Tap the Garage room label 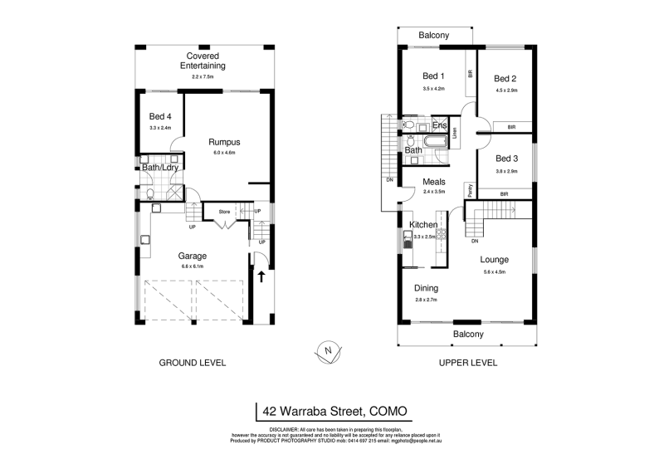[192, 256]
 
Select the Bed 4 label [160, 117]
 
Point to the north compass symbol [329, 351]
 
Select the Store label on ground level [223, 212]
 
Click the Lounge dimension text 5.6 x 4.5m [495, 271]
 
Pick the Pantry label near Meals [470, 190]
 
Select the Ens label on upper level [439, 126]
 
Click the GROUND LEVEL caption [192, 363]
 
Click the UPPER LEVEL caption [467, 363]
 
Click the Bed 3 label [506, 159]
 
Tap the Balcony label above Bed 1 [433, 35]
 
